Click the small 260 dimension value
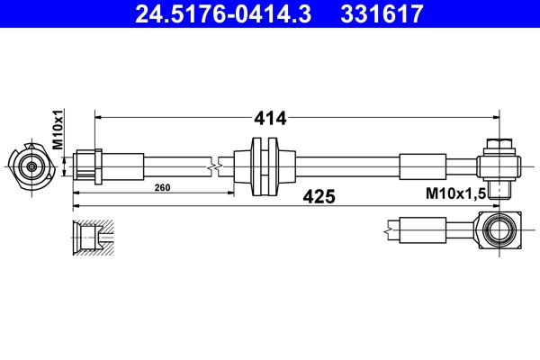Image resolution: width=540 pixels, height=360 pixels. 162,188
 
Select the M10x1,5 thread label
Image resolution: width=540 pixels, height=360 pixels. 455,194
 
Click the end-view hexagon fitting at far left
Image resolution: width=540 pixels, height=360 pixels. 32,166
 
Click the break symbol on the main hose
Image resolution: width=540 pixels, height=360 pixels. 214,166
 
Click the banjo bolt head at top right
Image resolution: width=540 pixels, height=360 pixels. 498,145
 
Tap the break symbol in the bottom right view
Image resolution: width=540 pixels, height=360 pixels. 388,231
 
